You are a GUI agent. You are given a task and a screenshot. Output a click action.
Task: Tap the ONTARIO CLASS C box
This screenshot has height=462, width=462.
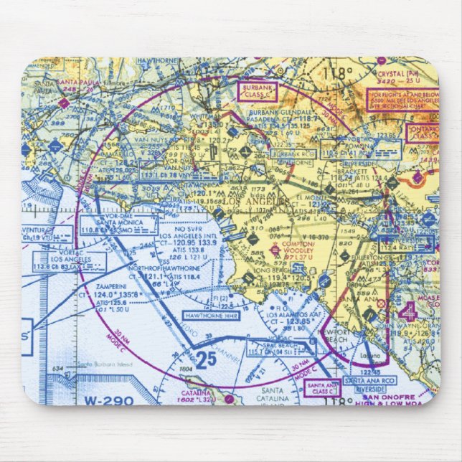click(x=422, y=133)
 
